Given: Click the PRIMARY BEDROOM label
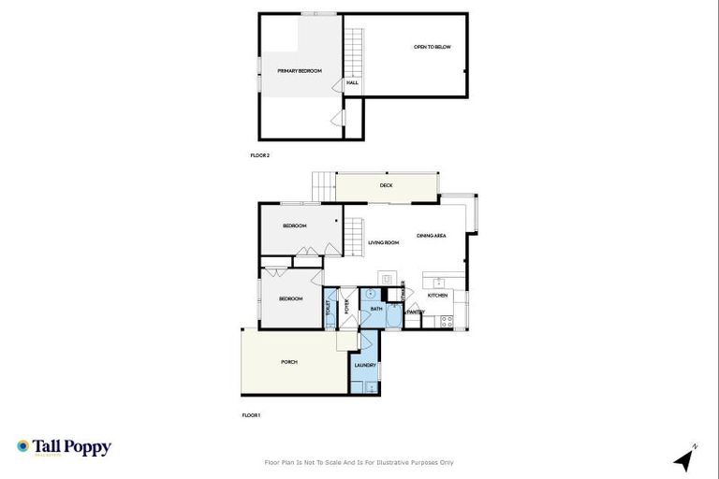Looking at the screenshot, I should pos(300,71).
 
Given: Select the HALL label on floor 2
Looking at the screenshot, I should pos(352,83).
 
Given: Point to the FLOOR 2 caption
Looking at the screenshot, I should pos(260,155).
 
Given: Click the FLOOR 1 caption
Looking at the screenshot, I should pos(251,414).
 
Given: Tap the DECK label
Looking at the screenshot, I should pos(386,185).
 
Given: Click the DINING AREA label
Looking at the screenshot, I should pos(431,236).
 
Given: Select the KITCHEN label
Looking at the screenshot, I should pos(438,296).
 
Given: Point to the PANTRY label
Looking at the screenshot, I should pos(416,312).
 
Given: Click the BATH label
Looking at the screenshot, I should pos(376,309).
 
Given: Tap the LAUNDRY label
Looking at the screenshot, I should pos(365,366).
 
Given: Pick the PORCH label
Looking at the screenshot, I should pos(289,362).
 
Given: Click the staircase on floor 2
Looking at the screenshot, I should pos(354,51).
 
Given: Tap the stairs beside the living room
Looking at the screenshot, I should pos(354,234).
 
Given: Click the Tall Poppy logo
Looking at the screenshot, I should pos(64,447).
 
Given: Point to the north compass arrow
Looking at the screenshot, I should pos(684,459).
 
